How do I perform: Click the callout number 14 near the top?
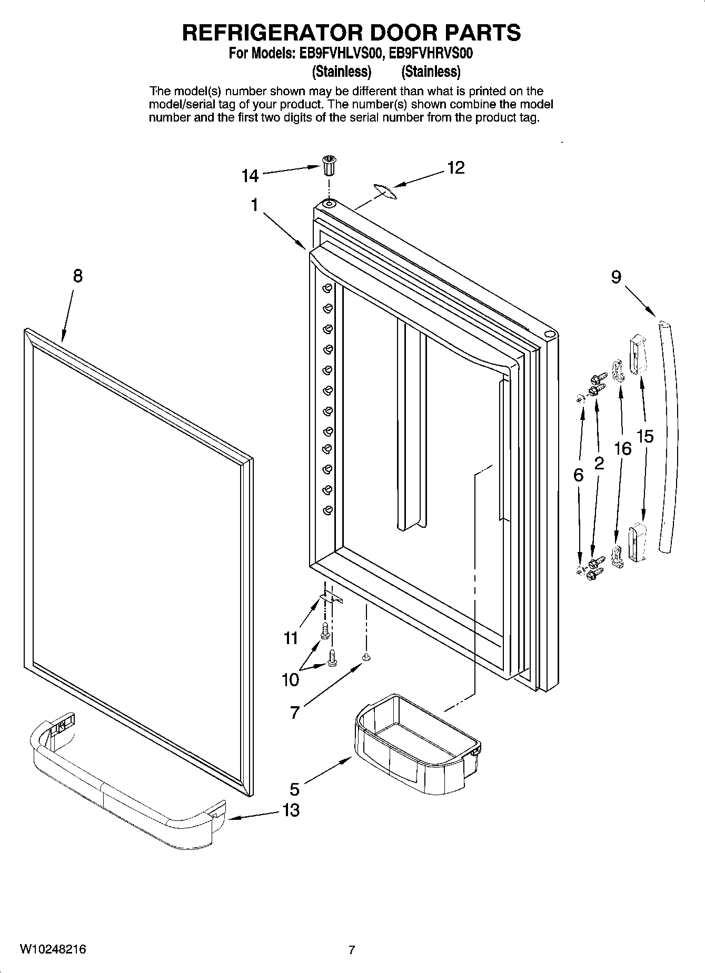point(250,176)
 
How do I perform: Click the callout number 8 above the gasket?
point(77,276)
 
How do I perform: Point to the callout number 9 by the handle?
point(616,277)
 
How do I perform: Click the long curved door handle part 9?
point(668,437)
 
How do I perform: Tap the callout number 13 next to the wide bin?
point(291,810)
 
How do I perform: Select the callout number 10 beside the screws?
point(290,680)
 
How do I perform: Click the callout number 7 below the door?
point(294,713)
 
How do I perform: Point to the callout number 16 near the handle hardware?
point(622,448)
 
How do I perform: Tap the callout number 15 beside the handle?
point(645,436)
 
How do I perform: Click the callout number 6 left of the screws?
point(578,475)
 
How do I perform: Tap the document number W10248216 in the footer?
point(53,949)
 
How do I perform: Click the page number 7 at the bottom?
point(352,950)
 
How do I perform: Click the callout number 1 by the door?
point(254,205)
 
